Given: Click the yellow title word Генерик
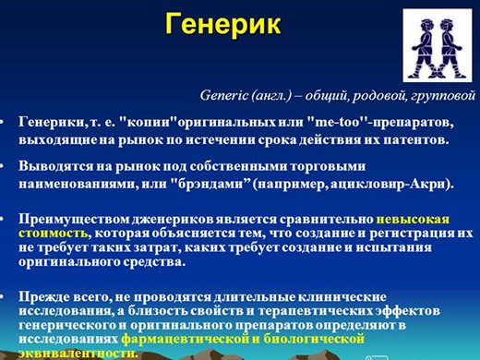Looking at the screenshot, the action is [223, 24].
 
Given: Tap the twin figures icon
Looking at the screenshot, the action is [438, 45].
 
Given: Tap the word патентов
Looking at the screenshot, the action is [416, 140].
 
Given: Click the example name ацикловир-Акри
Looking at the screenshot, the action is [389, 185].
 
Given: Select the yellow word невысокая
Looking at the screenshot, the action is [413, 220].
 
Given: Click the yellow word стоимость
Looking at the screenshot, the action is [53, 233].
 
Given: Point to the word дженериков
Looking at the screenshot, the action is [174, 220].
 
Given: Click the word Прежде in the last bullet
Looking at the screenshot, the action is [44, 297].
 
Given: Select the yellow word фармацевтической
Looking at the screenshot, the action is [185, 339].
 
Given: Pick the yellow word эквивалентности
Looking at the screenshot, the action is [78, 353].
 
